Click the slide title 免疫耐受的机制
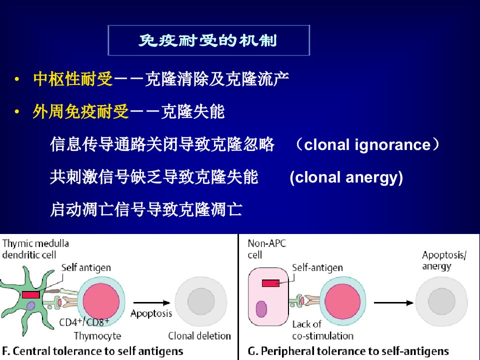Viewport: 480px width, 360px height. point(208,40)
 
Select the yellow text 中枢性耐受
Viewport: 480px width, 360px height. point(73,79)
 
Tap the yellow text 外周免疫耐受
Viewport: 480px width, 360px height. point(81,111)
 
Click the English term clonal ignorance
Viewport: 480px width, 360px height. point(367,144)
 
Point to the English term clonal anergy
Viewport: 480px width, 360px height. point(346,177)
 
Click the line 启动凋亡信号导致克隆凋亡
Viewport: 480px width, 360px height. point(146,209)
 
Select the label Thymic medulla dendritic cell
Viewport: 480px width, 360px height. point(35,249)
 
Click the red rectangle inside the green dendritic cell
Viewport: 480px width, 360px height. point(31,295)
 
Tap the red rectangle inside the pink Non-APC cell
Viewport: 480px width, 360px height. point(270,283)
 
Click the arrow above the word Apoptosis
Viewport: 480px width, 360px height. point(152,303)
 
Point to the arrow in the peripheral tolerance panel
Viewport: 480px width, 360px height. point(393,303)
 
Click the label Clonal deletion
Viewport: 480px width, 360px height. point(199,336)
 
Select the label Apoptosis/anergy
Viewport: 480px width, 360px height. point(444,260)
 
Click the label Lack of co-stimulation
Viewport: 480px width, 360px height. point(322,330)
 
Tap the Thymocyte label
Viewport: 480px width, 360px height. point(97,336)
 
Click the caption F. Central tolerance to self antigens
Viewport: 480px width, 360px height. point(92,351)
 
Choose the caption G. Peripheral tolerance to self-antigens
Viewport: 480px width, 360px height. point(348,351)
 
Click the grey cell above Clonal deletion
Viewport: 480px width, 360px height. point(201,301)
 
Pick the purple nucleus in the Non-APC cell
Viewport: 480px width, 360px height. point(261,309)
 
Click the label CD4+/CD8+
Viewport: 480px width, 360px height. point(84,322)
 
